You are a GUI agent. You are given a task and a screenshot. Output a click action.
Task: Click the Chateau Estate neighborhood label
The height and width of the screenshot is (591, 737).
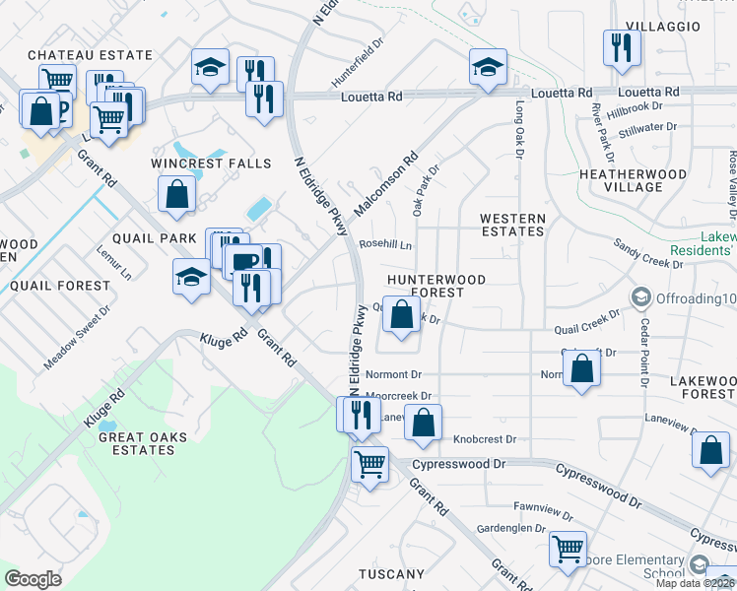tap(90, 55)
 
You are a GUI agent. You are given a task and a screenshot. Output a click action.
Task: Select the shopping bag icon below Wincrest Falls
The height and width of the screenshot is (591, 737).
tap(176, 196)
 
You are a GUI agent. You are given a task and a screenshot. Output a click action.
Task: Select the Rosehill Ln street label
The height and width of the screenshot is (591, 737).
tap(385, 244)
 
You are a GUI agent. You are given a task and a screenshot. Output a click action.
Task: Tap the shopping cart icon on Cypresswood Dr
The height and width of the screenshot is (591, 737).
tap(369, 463)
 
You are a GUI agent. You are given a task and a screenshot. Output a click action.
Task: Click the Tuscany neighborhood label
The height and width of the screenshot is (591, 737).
tap(391, 574)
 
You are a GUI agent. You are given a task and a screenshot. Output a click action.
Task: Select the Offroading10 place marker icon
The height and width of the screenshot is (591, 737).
tap(641, 297)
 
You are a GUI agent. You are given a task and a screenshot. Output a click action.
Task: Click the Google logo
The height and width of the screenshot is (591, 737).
tap(33, 578)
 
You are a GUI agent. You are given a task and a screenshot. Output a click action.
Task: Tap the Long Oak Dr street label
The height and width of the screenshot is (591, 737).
tap(518, 129)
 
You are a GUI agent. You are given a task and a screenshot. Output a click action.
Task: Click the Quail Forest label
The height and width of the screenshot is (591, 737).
tap(60, 286)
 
